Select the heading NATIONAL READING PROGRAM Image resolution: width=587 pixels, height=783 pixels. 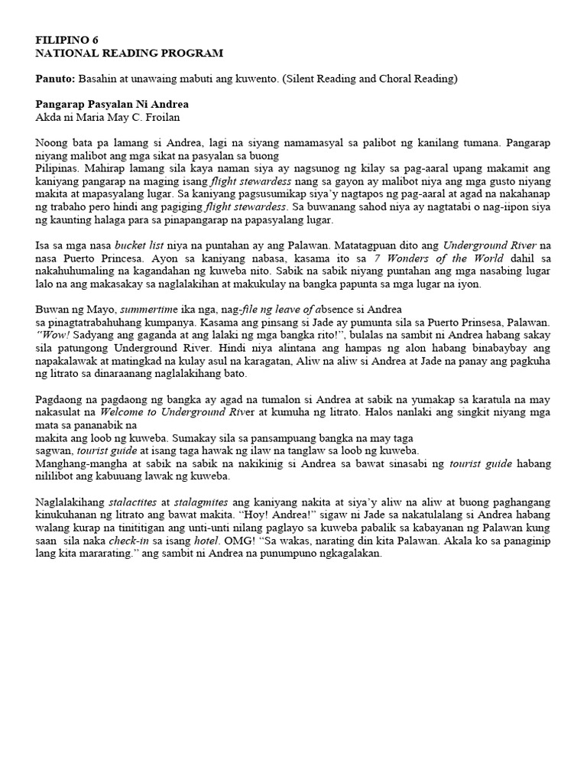(129, 53)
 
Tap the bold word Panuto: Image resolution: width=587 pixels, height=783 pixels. (56, 79)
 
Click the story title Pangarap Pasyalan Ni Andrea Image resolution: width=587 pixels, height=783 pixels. (112, 104)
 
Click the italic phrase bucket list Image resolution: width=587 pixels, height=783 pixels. (141, 245)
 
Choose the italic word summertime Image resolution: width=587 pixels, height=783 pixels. (153, 310)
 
